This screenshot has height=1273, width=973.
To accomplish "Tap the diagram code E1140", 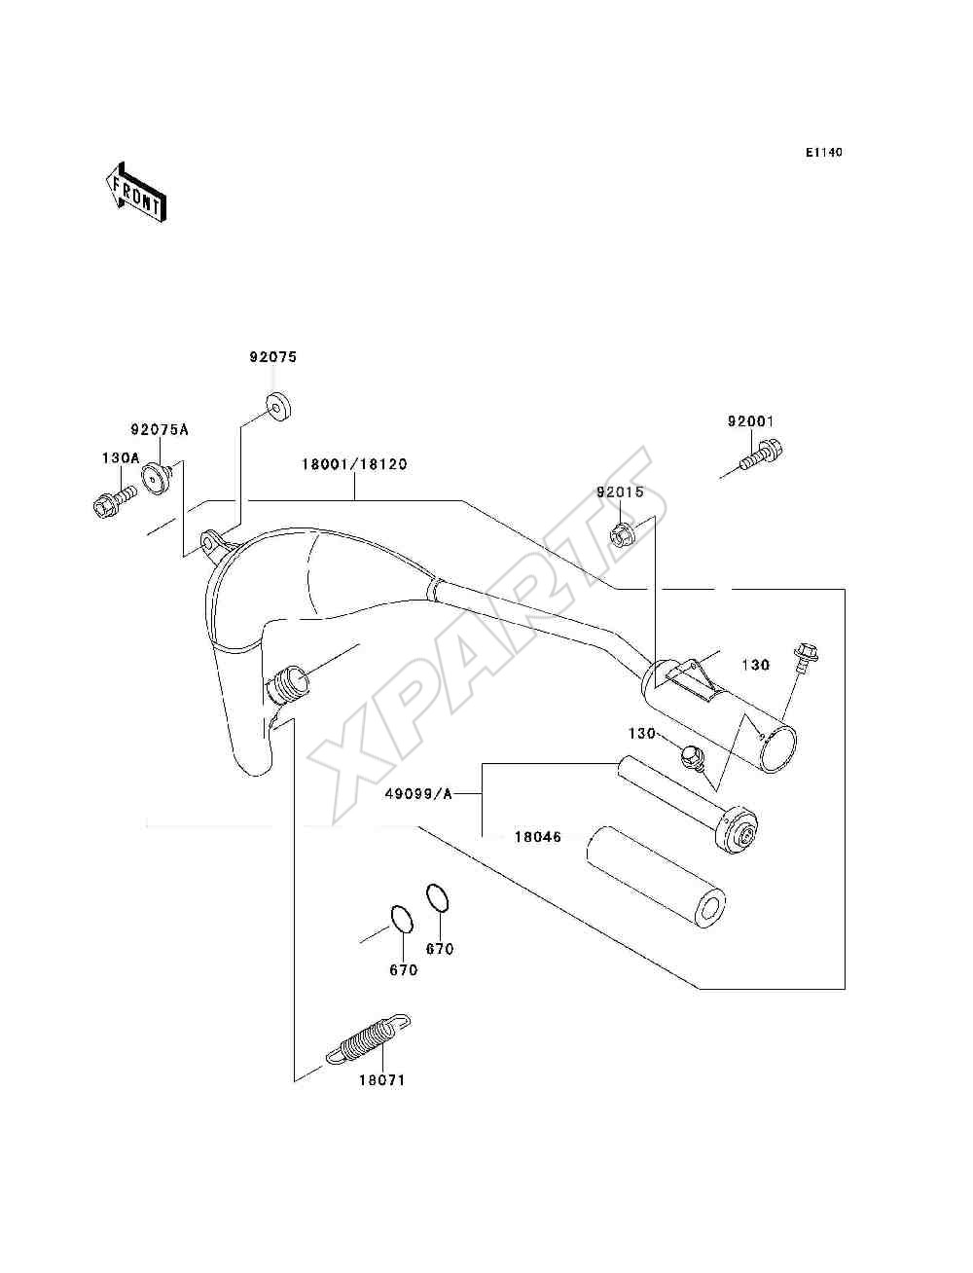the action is tap(823, 153).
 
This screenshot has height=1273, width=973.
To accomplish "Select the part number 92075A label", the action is tap(160, 430).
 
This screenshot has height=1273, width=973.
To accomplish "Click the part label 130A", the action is tap(121, 458).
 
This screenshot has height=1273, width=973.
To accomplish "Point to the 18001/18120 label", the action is tap(354, 464).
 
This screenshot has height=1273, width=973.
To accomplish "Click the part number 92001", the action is tap(751, 421).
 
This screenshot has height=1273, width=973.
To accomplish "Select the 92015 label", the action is tap(621, 492).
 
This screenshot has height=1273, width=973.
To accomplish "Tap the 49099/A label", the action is tap(418, 794).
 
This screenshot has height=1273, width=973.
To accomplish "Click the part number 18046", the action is tap(538, 837).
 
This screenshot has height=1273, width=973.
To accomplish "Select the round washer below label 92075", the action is tap(278, 407).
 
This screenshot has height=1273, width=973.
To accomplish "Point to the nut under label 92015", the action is tap(623, 534).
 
